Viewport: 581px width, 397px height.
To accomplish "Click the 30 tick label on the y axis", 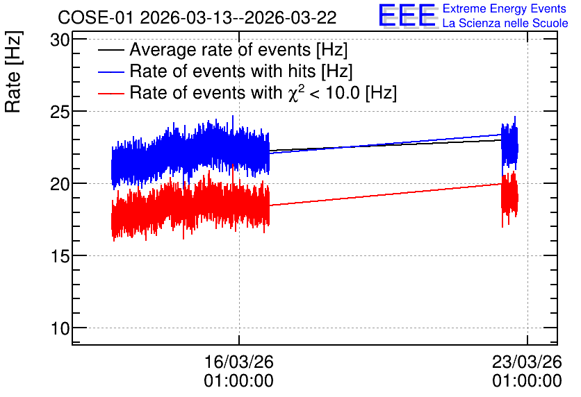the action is click(60, 40).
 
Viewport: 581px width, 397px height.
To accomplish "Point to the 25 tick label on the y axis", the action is click(60, 112).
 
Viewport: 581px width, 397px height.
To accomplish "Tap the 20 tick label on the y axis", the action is click(60, 184).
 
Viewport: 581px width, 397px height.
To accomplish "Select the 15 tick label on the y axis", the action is click(60, 256).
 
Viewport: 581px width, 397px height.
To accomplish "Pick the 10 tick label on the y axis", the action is click(60, 328).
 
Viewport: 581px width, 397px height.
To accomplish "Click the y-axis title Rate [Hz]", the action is click(14, 72).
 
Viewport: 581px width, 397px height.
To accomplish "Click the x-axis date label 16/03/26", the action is click(239, 362).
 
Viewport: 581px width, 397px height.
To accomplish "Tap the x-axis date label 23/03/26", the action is click(527, 362).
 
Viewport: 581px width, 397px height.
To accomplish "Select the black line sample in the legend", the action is click(111, 50).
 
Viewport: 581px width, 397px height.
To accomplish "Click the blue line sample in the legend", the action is click(111, 71).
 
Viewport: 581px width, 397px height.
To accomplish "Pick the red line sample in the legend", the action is click(111, 93).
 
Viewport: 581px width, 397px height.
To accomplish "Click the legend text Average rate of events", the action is click(220, 50).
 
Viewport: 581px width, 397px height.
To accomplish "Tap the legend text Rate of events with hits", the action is click(222, 71).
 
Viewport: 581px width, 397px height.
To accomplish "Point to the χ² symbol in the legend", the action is click(295, 92).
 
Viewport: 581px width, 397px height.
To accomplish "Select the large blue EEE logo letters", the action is click(407, 15).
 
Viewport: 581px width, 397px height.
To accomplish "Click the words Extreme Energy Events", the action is click(505, 8).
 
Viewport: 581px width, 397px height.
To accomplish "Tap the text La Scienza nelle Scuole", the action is click(505, 24).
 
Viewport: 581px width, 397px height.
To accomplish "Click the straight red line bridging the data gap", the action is click(385, 194).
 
